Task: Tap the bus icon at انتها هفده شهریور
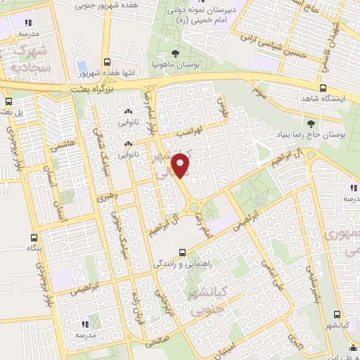(106, 62)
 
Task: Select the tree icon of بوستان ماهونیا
(175, 53)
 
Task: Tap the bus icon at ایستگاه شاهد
(323, 89)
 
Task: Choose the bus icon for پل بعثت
(8, 101)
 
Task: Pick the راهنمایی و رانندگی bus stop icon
(182, 252)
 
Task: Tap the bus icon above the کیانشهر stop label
(337, 314)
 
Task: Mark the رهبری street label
(105, 197)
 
